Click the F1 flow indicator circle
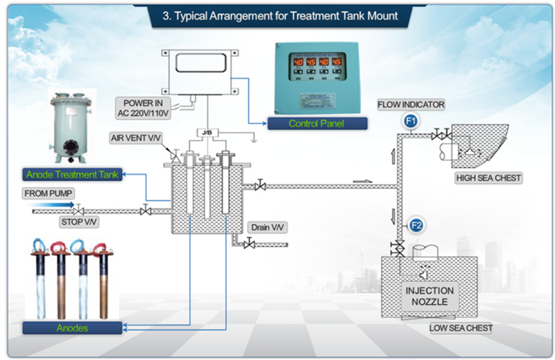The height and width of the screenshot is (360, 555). pos(411,121)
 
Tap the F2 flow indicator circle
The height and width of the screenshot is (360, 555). pos(416,225)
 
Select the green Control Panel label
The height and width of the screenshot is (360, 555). pos(317,123)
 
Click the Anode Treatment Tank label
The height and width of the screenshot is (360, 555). pos(72,175)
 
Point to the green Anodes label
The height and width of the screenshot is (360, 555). pos(72,328)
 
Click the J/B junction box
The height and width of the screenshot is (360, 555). pos(207,132)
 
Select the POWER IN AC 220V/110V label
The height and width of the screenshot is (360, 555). pos(143,108)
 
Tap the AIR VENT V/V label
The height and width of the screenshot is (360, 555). pos(136,138)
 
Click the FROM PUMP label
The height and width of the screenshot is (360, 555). pos(48,194)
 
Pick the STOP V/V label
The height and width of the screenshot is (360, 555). pos(78,222)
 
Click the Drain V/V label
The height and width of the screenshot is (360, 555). pos(267,228)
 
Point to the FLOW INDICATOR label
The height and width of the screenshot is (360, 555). pos(411,105)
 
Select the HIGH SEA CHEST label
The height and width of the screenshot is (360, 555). pos(488,178)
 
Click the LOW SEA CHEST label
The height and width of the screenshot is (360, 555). pos(461,328)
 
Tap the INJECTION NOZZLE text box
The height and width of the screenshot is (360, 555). pos(429,296)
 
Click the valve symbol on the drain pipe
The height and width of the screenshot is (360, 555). pos(250,244)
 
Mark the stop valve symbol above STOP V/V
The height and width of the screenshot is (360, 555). pos(78,210)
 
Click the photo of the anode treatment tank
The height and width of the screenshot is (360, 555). pos(71,128)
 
